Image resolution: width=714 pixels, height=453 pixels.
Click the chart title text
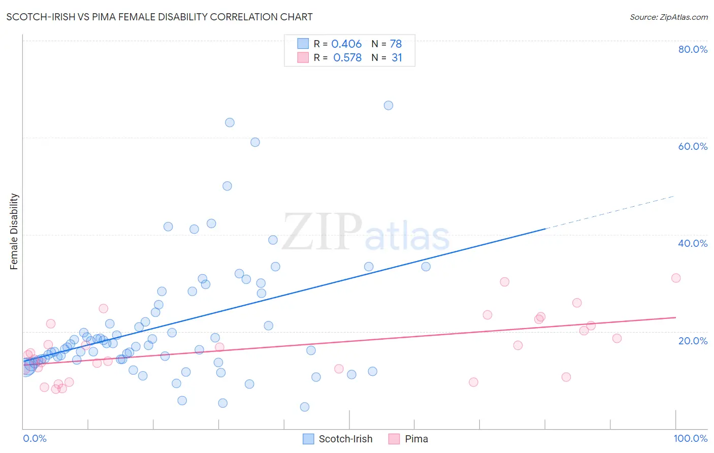[159, 17]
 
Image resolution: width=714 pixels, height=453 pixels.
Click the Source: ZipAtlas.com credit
[668, 17]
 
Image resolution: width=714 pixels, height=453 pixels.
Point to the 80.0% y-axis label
[693, 49]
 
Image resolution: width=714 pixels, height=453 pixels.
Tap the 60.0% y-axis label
[693, 146]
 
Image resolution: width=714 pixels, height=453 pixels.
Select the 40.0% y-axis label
[693, 243]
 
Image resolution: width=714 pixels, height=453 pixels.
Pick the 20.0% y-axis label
[693, 341]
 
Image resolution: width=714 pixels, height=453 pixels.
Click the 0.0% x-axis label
[35, 438]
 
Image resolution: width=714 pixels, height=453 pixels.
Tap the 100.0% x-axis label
[690, 438]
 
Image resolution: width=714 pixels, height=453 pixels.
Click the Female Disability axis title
[14, 232]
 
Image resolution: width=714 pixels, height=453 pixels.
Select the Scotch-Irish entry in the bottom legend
[345, 439]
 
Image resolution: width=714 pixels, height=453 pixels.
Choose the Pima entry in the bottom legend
[416, 439]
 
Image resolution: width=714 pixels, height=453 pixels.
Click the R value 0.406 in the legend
[346, 44]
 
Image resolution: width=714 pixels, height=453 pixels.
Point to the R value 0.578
[347, 58]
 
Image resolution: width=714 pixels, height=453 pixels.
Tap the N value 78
[396, 44]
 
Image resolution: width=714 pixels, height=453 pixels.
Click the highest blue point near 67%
[388, 106]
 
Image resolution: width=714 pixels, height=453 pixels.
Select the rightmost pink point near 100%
[676, 278]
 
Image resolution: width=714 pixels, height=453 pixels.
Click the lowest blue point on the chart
[305, 407]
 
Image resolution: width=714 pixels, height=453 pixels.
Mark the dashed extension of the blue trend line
[609, 212]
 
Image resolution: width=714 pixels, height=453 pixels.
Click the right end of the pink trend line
[675, 317]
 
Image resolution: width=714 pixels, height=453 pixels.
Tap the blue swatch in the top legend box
[303, 44]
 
